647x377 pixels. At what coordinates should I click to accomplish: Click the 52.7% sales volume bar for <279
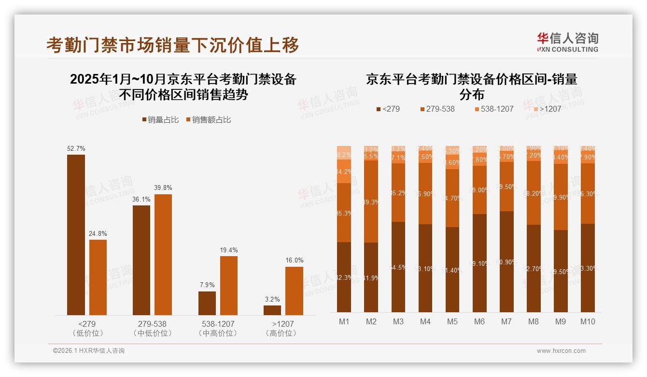click(76, 235)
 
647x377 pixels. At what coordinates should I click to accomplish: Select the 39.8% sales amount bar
click(163, 255)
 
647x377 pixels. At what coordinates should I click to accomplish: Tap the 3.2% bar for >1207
click(272, 310)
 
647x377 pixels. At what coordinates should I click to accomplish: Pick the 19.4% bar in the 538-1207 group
click(229, 285)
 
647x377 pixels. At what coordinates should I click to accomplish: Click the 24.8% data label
click(98, 233)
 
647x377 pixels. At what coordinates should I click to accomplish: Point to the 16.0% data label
click(294, 260)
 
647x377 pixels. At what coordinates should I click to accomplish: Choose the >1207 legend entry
click(547, 109)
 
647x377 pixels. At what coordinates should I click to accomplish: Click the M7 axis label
click(506, 321)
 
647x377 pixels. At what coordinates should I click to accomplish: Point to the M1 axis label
click(344, 321)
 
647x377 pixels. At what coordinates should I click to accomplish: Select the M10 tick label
click(588, 321)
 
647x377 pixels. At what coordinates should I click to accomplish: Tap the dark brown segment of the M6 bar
click(479, 263)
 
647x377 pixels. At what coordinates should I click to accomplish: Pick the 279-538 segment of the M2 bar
click(371, 202)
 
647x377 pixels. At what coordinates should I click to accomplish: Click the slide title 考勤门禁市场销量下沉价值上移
click(172, 44)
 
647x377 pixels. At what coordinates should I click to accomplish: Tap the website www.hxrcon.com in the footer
click(561, 351)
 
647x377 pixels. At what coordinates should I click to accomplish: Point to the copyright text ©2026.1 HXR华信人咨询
click(89, 351)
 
